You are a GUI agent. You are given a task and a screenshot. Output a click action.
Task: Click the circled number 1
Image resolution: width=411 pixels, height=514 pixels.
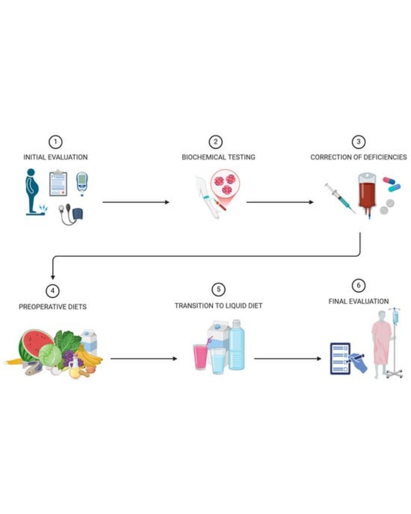pyautogui.click(x=55, y=142)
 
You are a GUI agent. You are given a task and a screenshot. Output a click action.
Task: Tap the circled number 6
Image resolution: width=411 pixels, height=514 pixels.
pyautogui.click(x=358, y=285)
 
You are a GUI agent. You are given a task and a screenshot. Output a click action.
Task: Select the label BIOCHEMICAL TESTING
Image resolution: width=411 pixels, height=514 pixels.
pyautogui.click(x=218, y=157)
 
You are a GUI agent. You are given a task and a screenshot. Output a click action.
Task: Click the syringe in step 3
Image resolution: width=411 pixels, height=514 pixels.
pyautogui.click(x=339, y=198)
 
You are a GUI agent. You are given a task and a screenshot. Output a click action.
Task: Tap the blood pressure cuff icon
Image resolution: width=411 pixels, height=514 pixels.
pyautogui.click(x=72, y=214)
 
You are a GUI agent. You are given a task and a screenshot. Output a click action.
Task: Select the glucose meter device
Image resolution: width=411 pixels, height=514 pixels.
pyautogui.click(x=82, y=183)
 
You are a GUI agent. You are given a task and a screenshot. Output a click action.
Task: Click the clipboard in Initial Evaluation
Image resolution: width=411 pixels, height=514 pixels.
pyautogui.click(x=58, y=184)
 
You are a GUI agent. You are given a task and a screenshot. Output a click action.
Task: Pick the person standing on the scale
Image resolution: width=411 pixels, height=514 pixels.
pyautogui.click(x=32, y=190)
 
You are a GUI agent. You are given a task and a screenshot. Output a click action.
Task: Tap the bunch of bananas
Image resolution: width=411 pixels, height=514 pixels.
pyautogui.click(x=88, y=356)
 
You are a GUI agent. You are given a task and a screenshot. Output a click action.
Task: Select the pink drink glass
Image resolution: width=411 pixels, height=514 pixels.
pyautogui.click(x=200, y=356)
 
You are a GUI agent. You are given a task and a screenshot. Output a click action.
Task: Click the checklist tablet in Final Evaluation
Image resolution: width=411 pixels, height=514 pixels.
pyautogui.click(x=340, y=358)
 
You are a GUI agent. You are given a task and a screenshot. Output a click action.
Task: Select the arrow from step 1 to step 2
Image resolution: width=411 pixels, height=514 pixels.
pyautogui.click(x=135, y=202)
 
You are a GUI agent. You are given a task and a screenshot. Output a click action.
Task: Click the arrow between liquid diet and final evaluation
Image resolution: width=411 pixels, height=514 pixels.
pyautogui.click(x=287, y=358)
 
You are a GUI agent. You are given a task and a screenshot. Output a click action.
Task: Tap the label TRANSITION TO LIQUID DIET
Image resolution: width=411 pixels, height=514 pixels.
pyautogui.click(x=218, y=306)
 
